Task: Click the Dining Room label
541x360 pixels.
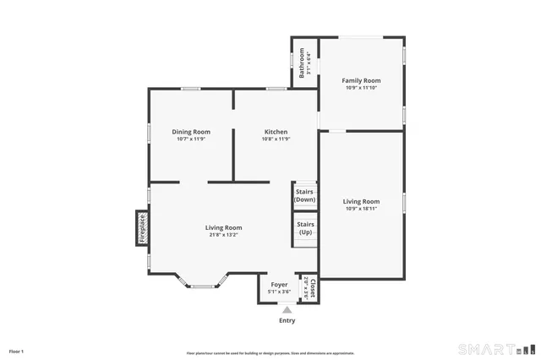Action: [x=191, y=132]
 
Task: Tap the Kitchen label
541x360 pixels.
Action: [x=276, y=132]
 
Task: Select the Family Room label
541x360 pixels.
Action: [x=361, y=80]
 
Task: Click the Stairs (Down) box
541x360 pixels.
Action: [x=304, y=196]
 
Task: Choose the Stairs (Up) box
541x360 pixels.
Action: [x=305, y=228]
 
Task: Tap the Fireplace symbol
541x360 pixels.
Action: [x=143, y=228]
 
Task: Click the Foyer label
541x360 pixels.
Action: [x=279, y=285]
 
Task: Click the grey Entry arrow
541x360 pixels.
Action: [x=287, y=310]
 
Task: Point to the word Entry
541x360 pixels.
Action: [x=287, y=320]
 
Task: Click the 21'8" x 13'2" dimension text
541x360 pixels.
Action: [x=223, y=235]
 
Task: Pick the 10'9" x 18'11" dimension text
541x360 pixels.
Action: [x=361, y=209]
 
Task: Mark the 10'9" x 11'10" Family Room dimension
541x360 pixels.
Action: [x=361, y=88]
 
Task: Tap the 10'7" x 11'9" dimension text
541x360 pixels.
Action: [x=191, y=139]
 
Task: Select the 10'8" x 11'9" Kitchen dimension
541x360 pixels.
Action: [x=276, y=139]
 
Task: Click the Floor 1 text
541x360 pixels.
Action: [x=16, y=351]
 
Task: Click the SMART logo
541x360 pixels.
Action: [x=496, y=349]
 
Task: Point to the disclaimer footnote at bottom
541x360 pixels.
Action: [x=270, y=353]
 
